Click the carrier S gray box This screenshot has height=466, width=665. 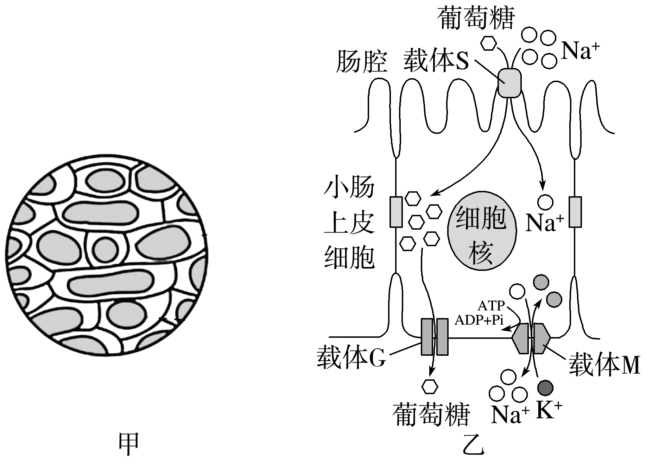pyautogui.click(x=509, y=83)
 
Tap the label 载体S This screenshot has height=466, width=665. pyautogui.click(x=436, y=61)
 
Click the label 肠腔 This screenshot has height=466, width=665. pyautogui.click(x=361, y=62)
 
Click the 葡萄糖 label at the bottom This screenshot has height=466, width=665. pyautogui.click(x=432, y=415)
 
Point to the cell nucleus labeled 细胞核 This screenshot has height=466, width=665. pyautogui.click(x=482, y=231)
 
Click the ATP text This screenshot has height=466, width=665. pyautogui.click(x=491, y=305)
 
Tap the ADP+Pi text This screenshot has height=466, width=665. pyautogui.click(x=479, y=320)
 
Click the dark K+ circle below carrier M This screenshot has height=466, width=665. pyautogui.click(x=545, y=388)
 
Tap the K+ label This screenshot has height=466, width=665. pyautogui.click(x=549, y=410)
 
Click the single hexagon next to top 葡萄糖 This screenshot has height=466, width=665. pyautogui.click(x=489, y=44)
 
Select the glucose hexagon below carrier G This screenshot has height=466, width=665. pyautogui.click(x=430, y=386)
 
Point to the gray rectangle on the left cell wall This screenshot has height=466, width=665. pyautogui.click(x=396, y=212)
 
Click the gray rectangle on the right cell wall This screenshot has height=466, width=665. pyautogui.click(x=575, y=212)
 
